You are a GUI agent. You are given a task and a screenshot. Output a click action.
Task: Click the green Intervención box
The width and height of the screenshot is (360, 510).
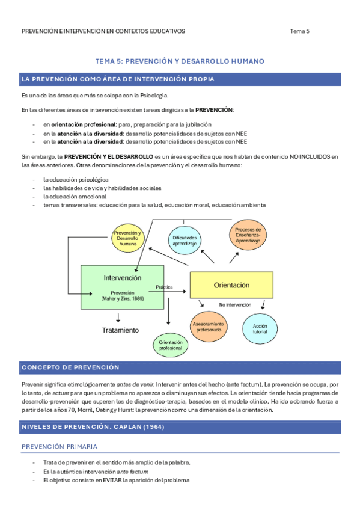122,287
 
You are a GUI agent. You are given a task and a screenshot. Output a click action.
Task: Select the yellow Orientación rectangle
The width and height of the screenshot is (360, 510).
231,284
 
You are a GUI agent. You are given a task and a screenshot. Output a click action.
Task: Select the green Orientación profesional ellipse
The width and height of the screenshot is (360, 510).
170,345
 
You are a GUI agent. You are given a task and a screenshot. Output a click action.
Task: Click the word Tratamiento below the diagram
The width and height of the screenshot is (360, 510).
120,330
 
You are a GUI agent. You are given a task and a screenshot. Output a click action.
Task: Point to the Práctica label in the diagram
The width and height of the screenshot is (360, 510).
164,287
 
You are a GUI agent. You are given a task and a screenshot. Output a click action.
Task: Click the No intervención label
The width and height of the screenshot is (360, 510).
235,305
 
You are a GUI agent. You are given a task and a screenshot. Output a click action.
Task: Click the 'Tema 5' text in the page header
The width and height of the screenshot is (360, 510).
299,31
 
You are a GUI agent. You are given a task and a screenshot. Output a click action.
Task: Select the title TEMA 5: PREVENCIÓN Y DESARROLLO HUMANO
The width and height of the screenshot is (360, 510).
180,61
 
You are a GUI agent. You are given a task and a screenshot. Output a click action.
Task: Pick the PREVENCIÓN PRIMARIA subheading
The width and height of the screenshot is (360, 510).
59,447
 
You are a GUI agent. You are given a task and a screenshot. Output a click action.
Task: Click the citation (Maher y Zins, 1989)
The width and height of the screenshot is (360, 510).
123,299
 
